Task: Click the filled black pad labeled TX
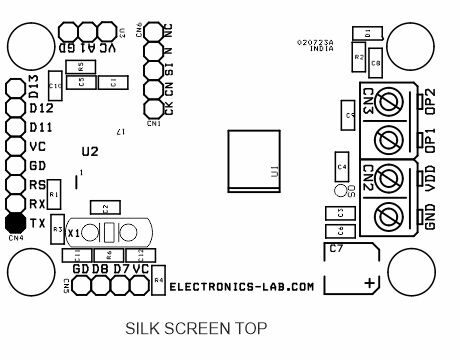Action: [14, 223]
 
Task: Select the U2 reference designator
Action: [90, 151]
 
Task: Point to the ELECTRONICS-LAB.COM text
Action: [241, 286]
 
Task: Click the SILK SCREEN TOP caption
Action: [196, 327]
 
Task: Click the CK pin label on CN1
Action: [167, 108]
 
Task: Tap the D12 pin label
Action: [40, 108]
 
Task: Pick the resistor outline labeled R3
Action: [58, 228]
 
